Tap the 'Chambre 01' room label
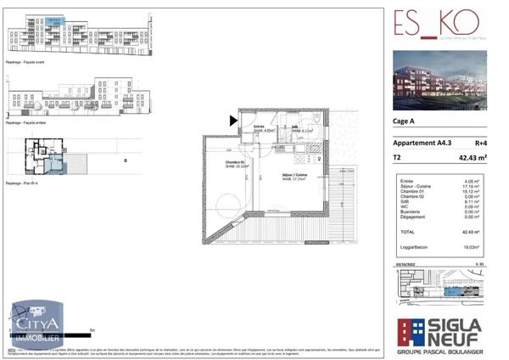235,164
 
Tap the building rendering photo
439,80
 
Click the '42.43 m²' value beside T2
472,158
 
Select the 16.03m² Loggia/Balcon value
472,246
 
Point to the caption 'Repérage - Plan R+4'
26,183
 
